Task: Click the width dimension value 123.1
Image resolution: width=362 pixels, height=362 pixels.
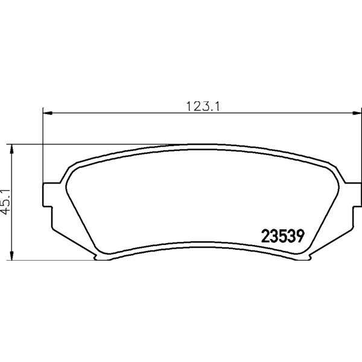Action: tap(203, 106)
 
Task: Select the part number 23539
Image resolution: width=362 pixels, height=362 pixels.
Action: tap(283, 236)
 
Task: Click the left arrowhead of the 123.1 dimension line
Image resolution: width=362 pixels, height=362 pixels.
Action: tap(48, 113)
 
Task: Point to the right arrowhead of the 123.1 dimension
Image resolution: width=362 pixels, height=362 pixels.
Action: tap(357, 113)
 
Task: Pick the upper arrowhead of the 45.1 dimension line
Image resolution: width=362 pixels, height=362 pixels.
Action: tap(11, 150)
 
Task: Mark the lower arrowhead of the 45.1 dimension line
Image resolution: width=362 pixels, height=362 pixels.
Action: tap(11, 256)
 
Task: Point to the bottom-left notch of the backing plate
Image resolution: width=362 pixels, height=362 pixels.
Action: tap(96, 257)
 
